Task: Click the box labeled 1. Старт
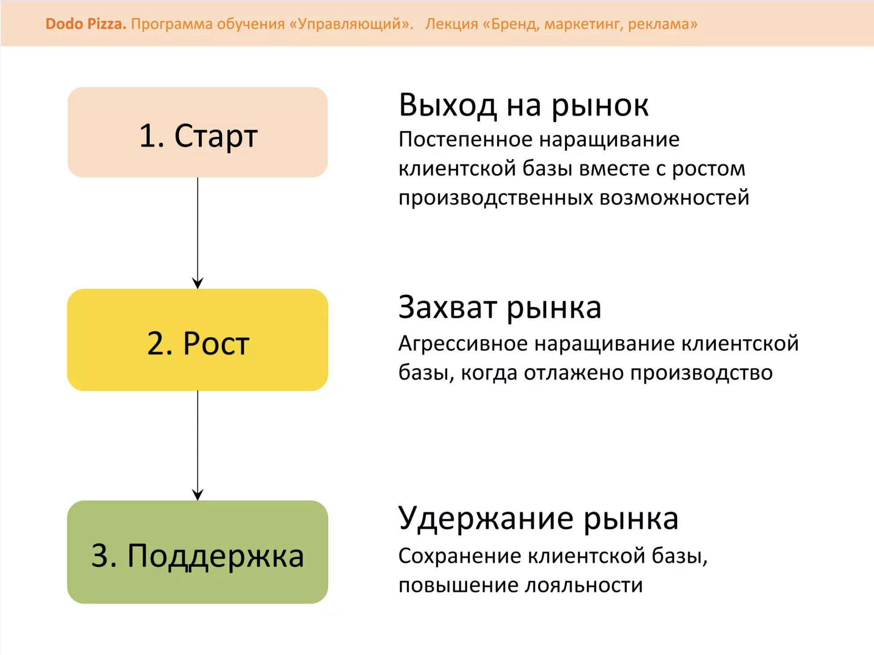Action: click(197, 132)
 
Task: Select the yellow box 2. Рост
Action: click(197, 340)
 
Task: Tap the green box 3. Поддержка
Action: click(197, 552)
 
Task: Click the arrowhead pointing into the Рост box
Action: click(198, 283)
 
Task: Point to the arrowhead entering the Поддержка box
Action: click(198, 495)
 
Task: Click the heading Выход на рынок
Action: click(523, 105)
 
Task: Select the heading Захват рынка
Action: click(500, 307)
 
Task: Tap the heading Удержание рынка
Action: click(539, 519)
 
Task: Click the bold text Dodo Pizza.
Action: click(86, 24)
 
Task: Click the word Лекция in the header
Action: click(451, 24)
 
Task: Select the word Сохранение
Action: click(459, 556)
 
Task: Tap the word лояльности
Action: click(584, 585)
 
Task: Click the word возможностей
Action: click(674, 198)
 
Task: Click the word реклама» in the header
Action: click(662, 24)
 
